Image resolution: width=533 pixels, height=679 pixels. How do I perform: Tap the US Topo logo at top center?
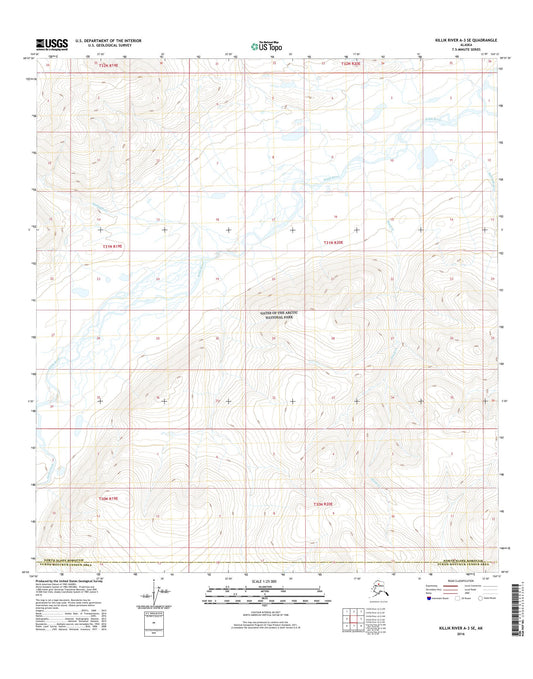tap(265, 44)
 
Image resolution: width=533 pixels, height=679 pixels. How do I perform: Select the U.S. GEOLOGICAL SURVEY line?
tap(111, 46)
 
